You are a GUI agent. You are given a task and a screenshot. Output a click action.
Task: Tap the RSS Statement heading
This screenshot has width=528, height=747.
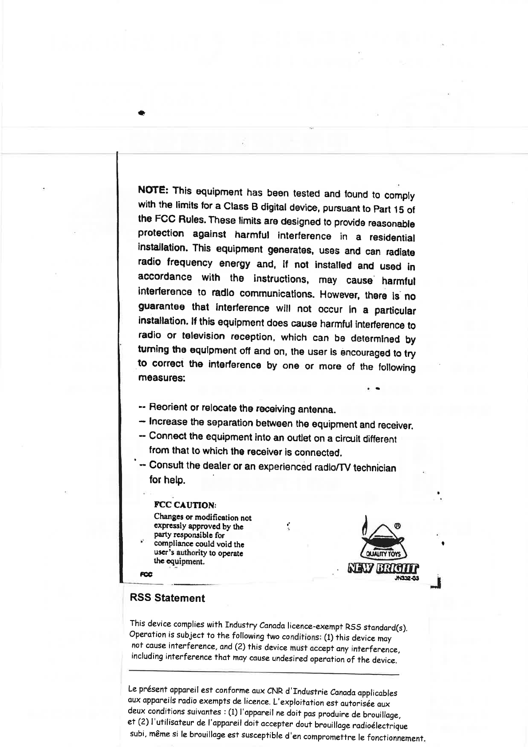click(167, 598)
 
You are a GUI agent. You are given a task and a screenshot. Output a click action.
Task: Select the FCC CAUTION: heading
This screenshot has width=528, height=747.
click(185, 505)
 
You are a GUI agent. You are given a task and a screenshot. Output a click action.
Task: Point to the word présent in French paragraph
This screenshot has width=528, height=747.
click(150, 689)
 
